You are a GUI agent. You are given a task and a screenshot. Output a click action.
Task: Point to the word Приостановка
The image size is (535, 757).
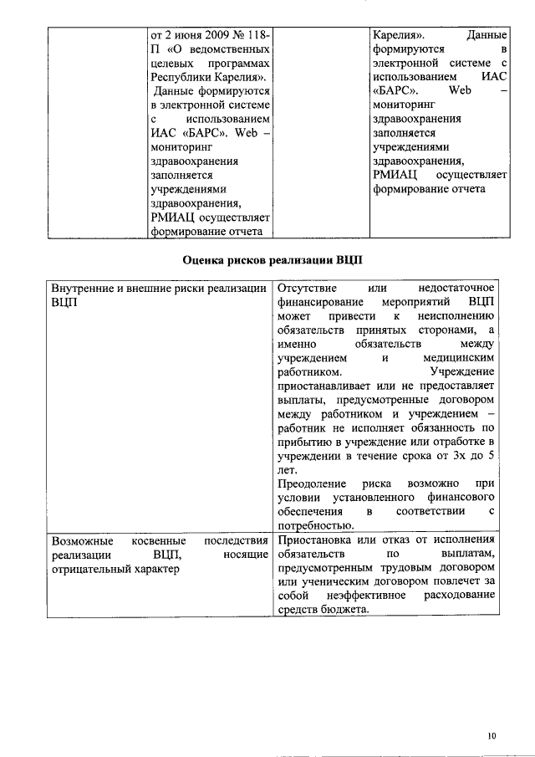(x=312, y=540)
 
